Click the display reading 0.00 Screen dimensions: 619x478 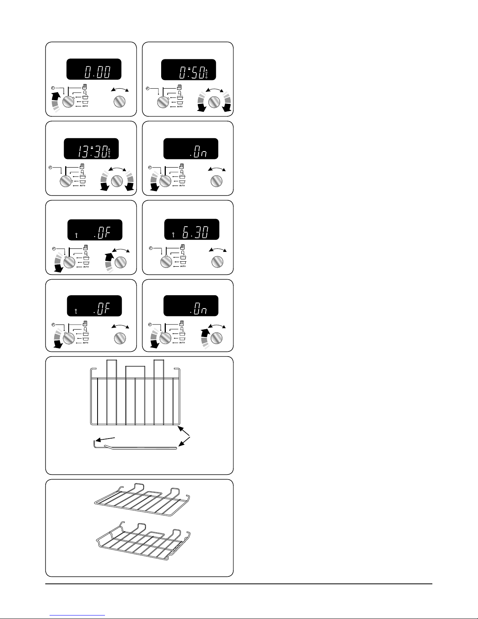[93, 70]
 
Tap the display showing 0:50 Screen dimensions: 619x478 [188, 70]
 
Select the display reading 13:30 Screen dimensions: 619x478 [92, 149]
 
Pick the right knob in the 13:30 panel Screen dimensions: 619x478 [117, 181]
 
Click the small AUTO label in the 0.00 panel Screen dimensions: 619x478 [85, 106]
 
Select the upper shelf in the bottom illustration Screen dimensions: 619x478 [142, 500]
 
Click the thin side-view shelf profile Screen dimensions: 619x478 [137, 448]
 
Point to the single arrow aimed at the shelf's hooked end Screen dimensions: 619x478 [106, 439]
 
